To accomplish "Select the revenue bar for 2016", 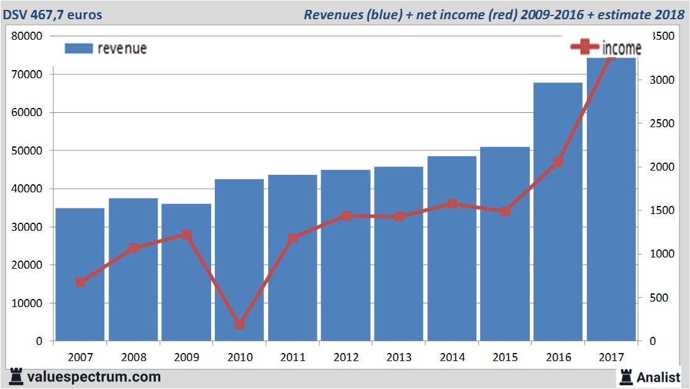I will coord(558,211).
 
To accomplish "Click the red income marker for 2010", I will coord(240,324).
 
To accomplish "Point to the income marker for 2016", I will coord(558,162).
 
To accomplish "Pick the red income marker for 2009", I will coord(186,235).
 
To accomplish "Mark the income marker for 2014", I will coord(452,203).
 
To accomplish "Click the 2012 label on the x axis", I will coord(345,357).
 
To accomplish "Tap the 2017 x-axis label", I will coord(611,357).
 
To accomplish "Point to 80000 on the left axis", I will coord(27,36).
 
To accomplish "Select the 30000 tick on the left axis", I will coord(27,227).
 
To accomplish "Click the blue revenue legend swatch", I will coord(79,48).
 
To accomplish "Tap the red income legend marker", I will coord(584,47).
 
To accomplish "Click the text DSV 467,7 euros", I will coord(53,14).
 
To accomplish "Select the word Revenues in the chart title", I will coord(330,14).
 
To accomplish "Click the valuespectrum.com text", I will coord(94,377).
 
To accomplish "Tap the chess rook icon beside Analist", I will coord(625,376).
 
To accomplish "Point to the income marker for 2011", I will coord(293,238).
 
